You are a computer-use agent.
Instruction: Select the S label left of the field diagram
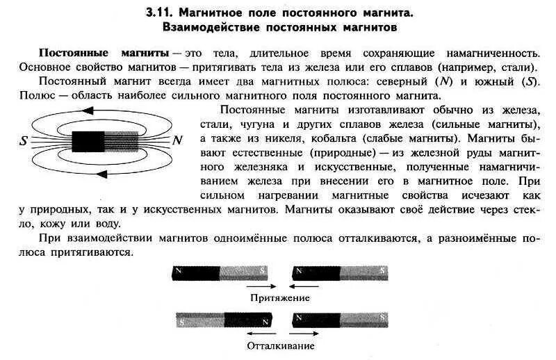click(x=24, y=140)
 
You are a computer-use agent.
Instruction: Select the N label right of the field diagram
click(x=178, y=140)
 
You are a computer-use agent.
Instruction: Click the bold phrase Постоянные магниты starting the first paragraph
click(x=104, y=54)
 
